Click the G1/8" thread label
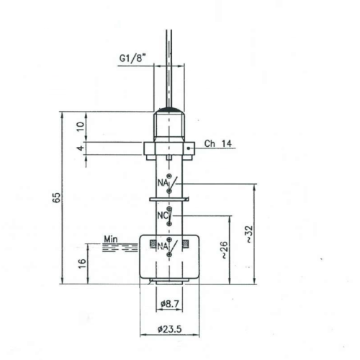(132, 58)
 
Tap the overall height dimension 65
(56, 197)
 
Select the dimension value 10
(81, 126)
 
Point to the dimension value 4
(81, 148)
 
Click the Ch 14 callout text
(218, 143)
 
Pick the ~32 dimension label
(249, 234)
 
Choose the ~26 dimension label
(223, 250)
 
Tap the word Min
(111, 239)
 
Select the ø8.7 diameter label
(170, 304)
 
